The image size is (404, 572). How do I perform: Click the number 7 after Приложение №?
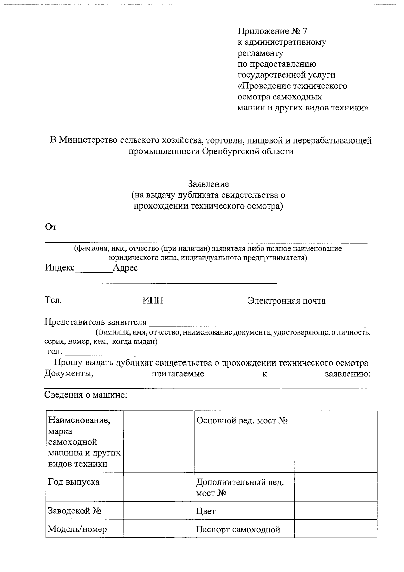(305, 31)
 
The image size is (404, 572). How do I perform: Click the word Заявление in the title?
(208, 184)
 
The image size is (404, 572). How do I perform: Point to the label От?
(50, 227)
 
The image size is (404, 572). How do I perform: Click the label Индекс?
(60, 268)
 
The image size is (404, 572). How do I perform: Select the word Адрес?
(125, 268)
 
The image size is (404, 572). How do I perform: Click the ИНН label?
(153, 300)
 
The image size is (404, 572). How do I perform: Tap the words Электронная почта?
(287, 300)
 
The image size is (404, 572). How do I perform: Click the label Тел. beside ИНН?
(53, 300)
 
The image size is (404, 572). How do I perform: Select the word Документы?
(69, 374)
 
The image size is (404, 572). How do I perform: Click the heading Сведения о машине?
(86, 394)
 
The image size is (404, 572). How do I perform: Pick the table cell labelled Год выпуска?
(85, 486)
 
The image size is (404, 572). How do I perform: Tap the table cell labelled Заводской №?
(85, 511)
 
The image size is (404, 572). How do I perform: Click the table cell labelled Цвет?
(244, 511)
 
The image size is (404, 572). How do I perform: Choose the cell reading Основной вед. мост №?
(244, 441)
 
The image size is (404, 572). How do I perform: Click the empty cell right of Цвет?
(335, 510)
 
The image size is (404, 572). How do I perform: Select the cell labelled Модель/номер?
(85, 529)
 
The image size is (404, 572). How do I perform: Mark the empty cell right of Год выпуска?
(158, 486)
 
